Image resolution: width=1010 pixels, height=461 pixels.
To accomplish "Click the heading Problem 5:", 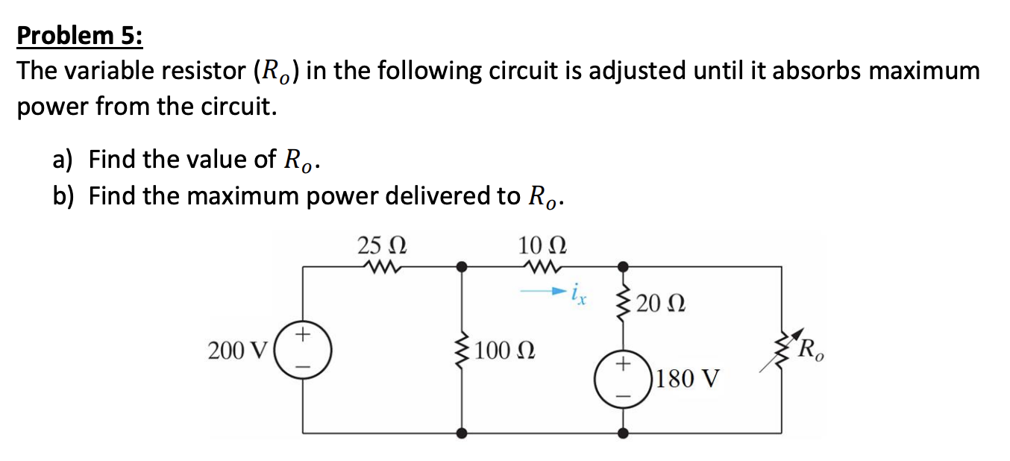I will (x=80, y=35).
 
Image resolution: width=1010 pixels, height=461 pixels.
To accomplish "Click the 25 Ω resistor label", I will (x=383, y=245).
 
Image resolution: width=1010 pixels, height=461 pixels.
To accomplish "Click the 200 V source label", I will (x=237, y=350).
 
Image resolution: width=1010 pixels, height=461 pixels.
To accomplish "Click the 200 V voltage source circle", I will (x=302, y=349).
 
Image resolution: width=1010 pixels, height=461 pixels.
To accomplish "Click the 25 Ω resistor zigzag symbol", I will (x=382, y=266).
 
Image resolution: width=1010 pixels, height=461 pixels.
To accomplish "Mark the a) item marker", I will (x=62, y=159).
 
